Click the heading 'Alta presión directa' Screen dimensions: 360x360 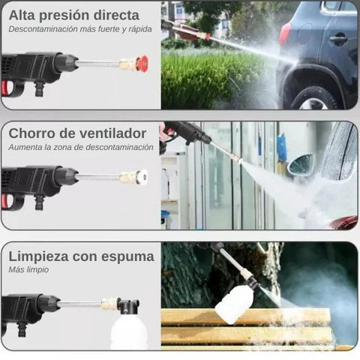pyautogui.click(x=73, y=15)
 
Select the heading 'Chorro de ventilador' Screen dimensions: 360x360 pyautogui.click(x=77, y=133)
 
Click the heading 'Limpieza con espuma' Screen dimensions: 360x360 pyautogui.click(x=81, y=256)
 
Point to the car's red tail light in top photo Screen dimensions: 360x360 pyautogui.click(x=285, y=33)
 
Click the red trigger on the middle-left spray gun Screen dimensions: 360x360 pyautogui.click(x=6, y=201)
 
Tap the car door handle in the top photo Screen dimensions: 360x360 pyautogui.click(x=339, y=39)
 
